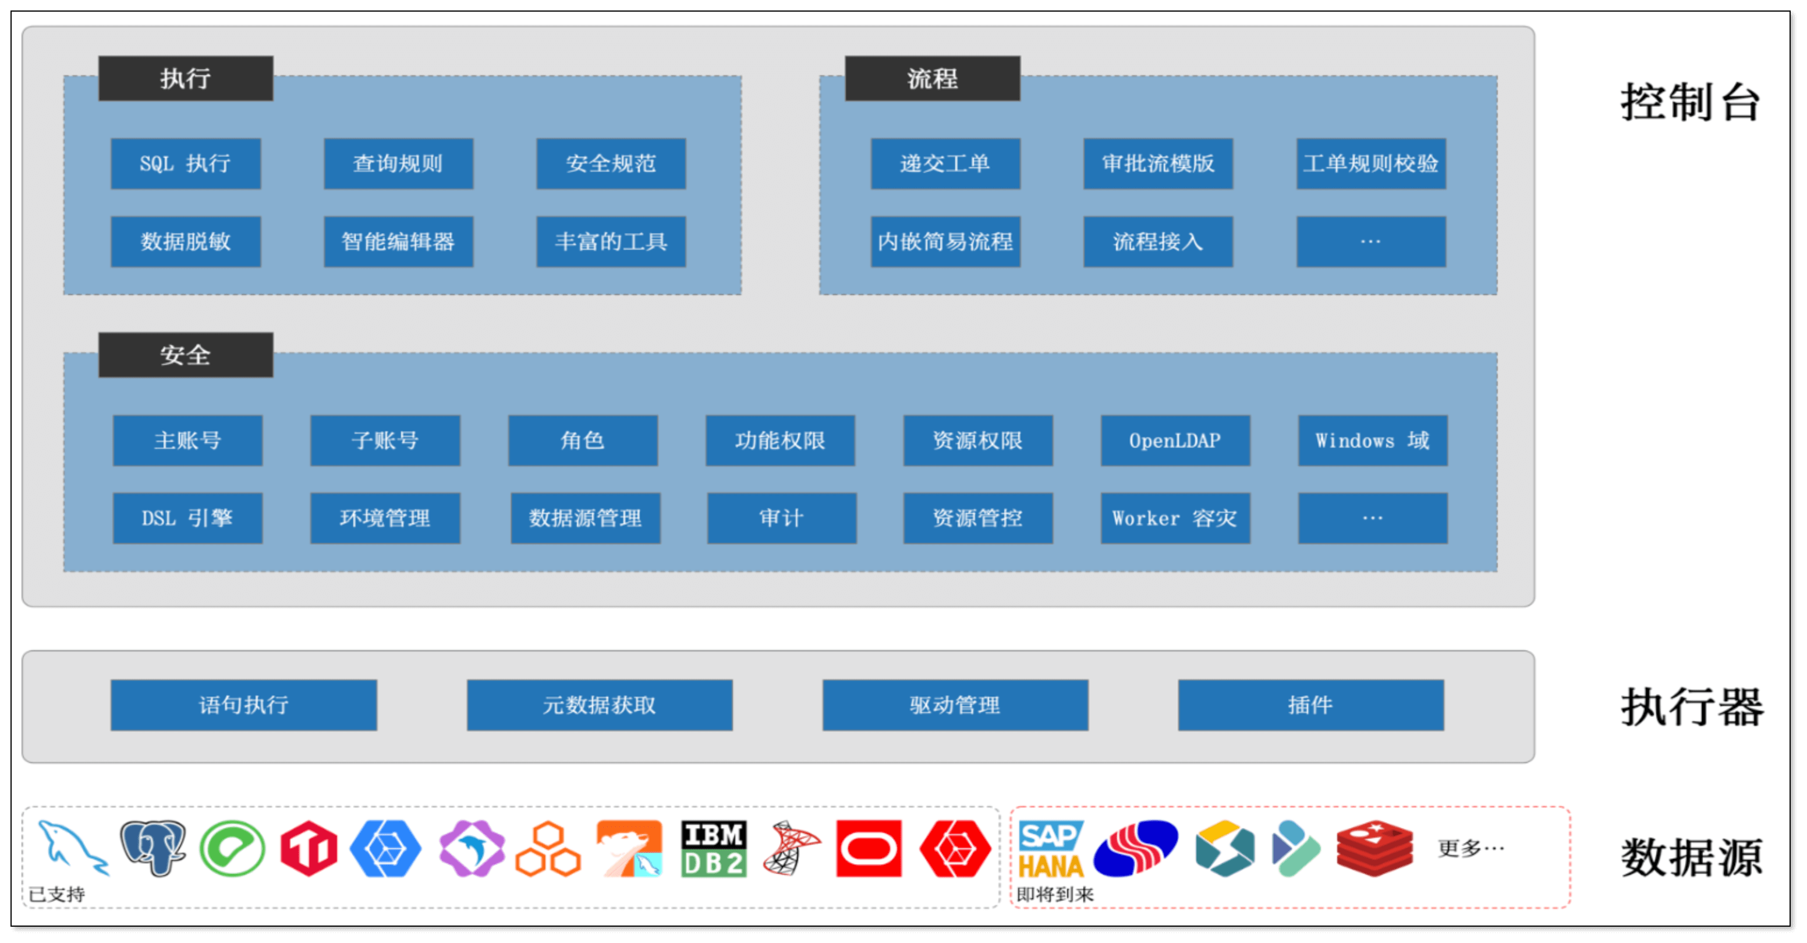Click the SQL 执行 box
(185, 164)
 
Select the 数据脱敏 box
(185, 242)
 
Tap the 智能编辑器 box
(398, 242)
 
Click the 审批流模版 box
(1157, 164)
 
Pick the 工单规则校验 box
(1371, 164)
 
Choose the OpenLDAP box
(1175, 441)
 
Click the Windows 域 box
(1372, 441)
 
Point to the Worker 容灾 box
(1175, 519)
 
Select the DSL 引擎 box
(187, 519)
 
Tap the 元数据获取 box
(599, 705)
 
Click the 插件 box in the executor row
(1310, 705)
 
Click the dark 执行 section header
(185, 79)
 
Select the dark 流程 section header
(932, 79)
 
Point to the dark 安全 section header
(185, 355)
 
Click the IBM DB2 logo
(713, 849)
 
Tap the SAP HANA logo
(1050, 849)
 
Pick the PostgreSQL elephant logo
(153, 848)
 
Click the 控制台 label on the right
(1691, 102)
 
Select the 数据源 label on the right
(1691, 857)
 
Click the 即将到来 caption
(1055, 895)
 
